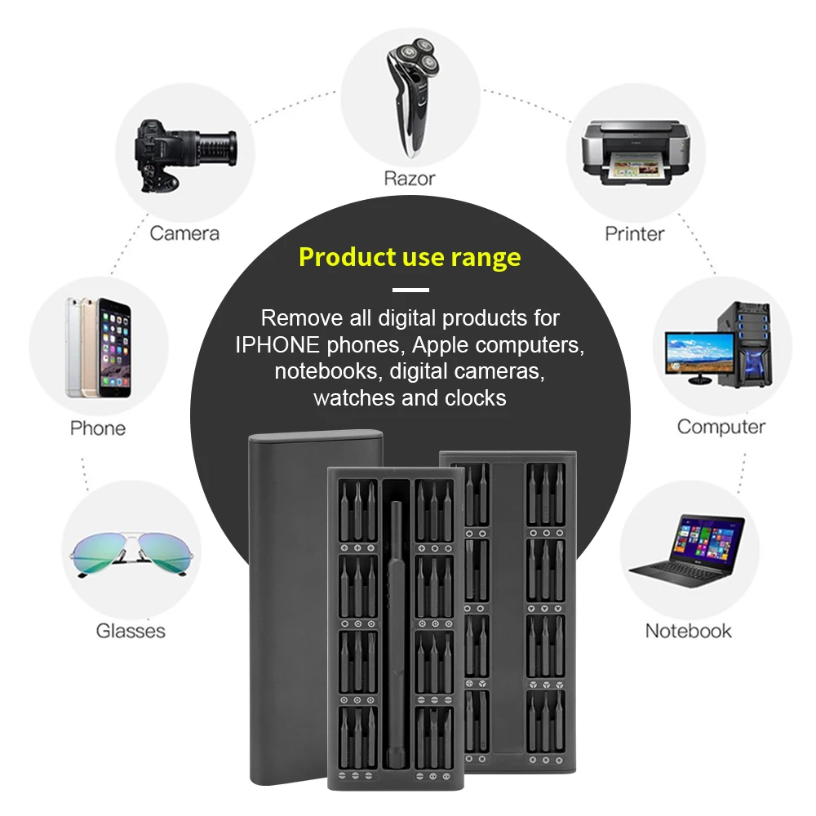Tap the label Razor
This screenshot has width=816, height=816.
(x=410, y=179)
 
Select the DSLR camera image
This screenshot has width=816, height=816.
(x=185, y=155)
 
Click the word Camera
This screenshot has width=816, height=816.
(x=184, y=233)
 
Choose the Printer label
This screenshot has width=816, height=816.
(x=634, y=233)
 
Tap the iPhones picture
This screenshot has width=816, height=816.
(x=98, y=347)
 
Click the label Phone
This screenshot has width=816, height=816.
(x=98, y=428)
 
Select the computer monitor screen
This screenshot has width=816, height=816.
(x=699, y=353)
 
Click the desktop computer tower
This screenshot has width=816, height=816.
(x=745, y=344)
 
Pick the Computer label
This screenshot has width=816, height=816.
(x=721, y=428)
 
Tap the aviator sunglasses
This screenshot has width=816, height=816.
(x=131, y=554)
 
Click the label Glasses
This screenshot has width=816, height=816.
(x=131, y=631)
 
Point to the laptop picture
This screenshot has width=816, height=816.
(x=687, y=552)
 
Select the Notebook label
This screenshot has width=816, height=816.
(x=688, y=631)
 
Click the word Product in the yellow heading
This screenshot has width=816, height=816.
(x=347, y=257)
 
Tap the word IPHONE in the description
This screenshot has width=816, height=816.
(x=277, y=344)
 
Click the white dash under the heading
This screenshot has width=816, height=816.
(x=410, y=290)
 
